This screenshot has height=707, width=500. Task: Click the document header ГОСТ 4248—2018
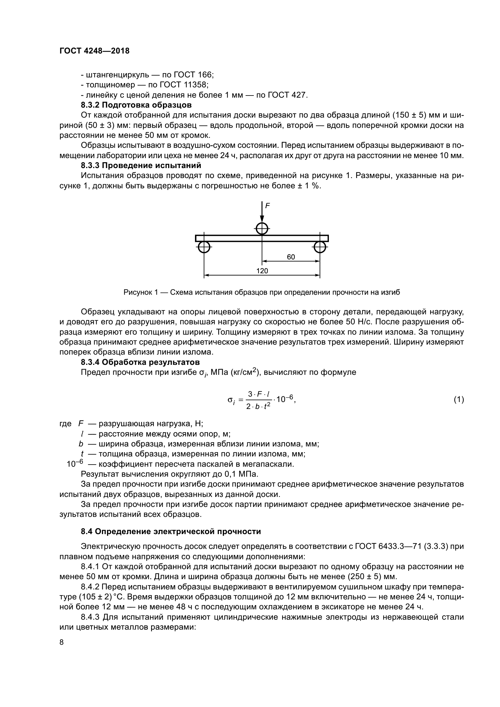coord(94,51)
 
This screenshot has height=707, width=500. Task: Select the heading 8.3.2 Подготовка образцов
coord(136,105)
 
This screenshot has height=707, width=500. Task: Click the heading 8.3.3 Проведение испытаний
coord(141,165)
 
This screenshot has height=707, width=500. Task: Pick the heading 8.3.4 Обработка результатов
coord(140,362)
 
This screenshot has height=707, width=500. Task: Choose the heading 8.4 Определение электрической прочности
coord(171,531)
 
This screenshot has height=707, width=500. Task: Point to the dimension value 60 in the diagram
coord(291,257)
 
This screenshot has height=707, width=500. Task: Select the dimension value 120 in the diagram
coord(262,271)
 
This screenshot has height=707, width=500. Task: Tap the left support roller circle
coord(204,247)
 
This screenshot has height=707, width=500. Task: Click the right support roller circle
coord(320,247)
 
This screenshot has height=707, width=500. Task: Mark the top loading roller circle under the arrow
coord(262,229)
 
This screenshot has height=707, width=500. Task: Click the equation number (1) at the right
coord(459,400)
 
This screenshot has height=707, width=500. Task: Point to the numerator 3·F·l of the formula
coord(259,394)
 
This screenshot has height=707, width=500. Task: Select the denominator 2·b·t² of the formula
coord(258,407)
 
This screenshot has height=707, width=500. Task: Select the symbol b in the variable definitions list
coord(81,444)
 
